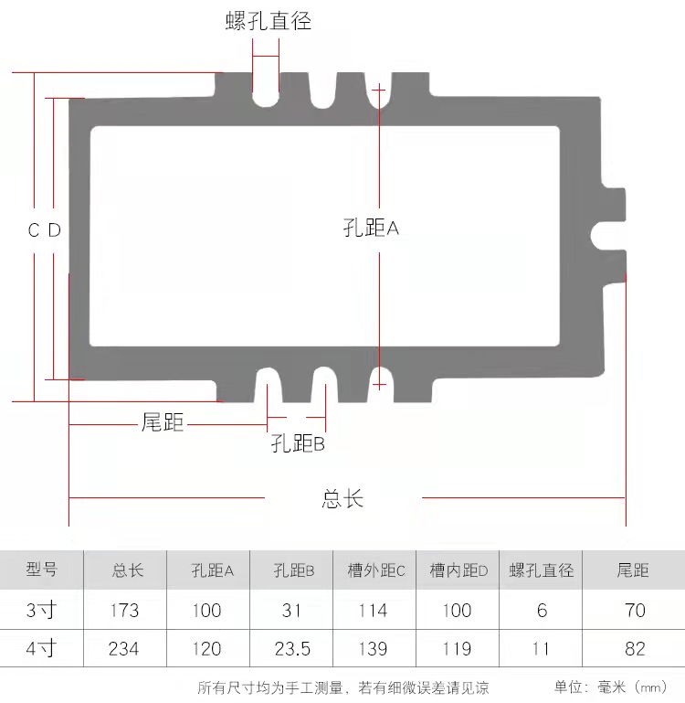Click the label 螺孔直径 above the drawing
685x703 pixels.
coord(269,21)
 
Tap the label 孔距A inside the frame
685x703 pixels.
coord(371,228)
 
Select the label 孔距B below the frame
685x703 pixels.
coord(298,444)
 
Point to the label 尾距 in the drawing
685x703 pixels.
coord(163,422)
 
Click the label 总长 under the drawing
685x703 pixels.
coord(342,499)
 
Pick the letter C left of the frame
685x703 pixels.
coord(34,230)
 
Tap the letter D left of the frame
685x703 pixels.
coord(55,230)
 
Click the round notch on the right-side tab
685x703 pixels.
coord(604,233)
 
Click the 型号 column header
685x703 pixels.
coord(41,570)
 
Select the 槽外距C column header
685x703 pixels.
coord(375,570)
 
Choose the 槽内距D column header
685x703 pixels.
coord(458,570)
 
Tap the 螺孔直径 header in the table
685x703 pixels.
coord(541,570)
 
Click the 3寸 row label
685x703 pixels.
coord(41,610)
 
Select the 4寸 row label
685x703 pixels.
coord(41,649)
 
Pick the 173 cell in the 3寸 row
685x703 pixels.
coord(124,610)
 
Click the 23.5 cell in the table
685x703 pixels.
coord(292,649)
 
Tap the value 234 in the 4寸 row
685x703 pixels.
coord(124,649)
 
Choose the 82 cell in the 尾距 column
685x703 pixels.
coord(635,649)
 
